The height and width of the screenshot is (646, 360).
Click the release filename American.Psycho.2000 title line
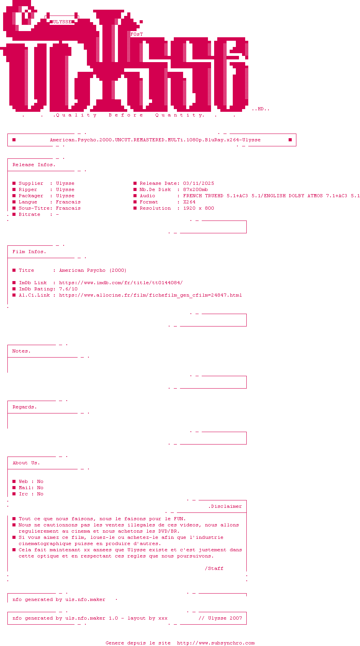click(x=155, y=140)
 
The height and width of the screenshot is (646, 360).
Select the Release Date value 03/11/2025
click(x=199, y=183)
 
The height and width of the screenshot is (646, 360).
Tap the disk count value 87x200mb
click(x=196, y=189)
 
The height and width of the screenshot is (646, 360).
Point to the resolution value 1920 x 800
click(x=199, y=208)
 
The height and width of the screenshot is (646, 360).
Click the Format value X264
click(x=189, y=202)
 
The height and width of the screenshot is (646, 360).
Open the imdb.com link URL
click(x=121, y=283)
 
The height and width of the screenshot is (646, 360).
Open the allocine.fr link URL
click(x=151, y=295)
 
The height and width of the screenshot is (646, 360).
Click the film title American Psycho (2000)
click(x=93, y=270)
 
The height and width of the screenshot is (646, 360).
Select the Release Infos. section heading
click(x=34, y=165)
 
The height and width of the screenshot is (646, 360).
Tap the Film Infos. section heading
click(x=29, y=252)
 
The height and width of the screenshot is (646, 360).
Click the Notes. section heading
click(x=21, y=351)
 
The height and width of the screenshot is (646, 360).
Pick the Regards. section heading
click(x=24, y=407)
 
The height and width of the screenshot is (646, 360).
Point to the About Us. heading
click(x=26, y=463)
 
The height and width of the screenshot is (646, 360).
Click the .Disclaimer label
click(x=225, y=506)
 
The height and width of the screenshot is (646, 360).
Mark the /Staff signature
click(x=214, y=568)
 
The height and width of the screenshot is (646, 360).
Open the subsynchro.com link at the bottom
click(x=216, y=643)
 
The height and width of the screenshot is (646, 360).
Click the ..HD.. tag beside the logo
click(x=261, y=109)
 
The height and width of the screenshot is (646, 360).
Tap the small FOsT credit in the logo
click(x=137, y=34)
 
